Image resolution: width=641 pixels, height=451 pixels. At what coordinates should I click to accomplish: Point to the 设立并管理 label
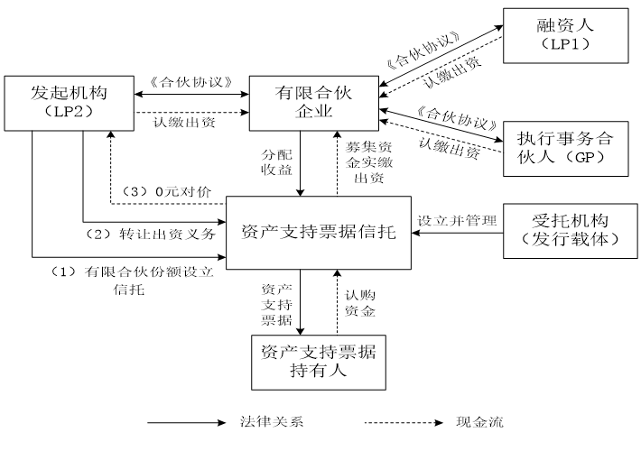tap(449, 219)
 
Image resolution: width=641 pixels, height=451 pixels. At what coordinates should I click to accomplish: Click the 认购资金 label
tap(358, 302)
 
